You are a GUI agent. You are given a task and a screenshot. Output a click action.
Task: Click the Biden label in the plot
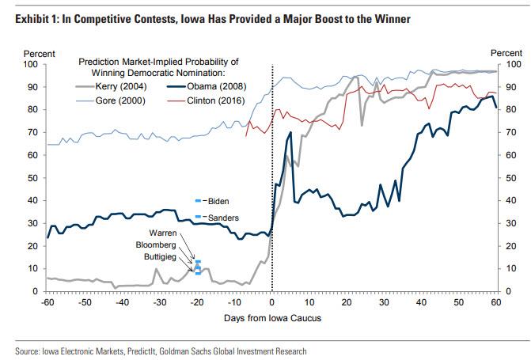[218, 203]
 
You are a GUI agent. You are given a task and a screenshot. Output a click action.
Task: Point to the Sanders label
[222, 218]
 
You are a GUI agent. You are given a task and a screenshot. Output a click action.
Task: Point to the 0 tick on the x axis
[272, 302]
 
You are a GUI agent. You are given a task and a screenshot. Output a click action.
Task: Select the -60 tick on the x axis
[47, 302]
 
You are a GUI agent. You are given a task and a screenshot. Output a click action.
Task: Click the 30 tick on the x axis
[385, 302]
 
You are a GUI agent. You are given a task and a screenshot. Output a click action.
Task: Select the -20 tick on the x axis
[197, 302]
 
